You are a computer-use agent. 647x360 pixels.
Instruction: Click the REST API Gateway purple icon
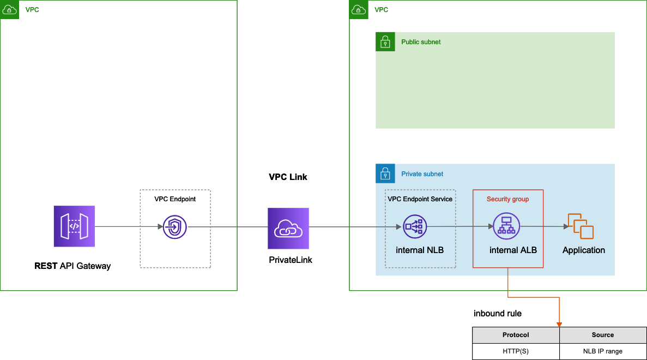click(74, 226)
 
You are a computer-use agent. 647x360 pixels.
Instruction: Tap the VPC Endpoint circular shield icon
click(175, 227)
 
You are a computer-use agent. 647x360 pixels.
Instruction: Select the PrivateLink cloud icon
click(288, 228)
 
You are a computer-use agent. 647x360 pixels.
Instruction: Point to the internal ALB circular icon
click(506, 226)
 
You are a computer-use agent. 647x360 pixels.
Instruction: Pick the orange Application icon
click(581, 226)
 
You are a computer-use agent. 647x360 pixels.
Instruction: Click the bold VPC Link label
click(288, 177)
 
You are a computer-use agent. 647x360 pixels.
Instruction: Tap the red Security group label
click(507, 199)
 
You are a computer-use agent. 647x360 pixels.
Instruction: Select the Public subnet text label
click(421, 42)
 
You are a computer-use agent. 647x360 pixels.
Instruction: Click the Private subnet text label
click(422, 174)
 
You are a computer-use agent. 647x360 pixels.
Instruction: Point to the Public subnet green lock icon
click(385, 42)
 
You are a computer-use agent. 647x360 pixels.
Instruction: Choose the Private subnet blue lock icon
click(385, 174)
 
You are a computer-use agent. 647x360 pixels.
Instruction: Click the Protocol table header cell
click(516, 335)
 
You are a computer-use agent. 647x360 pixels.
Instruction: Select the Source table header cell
click(602, 335)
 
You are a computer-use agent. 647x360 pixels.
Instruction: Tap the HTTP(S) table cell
click(516, 351)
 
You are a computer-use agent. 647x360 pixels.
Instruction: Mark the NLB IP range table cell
click(602, 351)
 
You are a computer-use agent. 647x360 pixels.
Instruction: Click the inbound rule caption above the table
click(497, 314)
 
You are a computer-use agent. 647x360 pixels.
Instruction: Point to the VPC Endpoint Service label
click(420, 199)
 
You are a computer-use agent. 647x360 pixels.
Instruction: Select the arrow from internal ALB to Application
click(542, 226)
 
